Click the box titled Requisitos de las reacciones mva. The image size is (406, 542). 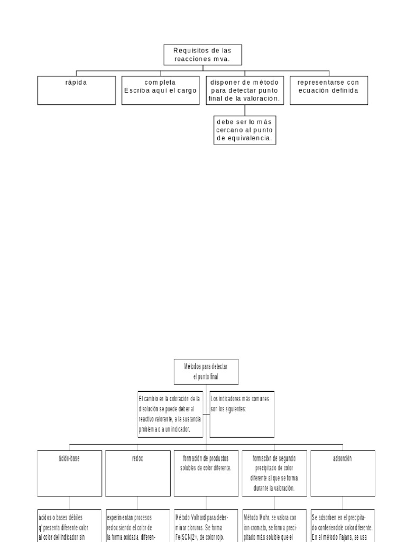click(x=202, y=55)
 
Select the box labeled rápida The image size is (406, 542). click(x=76, y=89)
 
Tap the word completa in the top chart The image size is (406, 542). click(x=160, y=83)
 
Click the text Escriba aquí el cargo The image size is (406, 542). click(x=160, y=91)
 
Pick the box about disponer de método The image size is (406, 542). click(x=244, y=90)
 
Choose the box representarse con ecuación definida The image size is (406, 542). click(x=328, y=89)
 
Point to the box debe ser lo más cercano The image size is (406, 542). click(x=244, y=129)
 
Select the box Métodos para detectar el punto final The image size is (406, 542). click(x=206, y=371)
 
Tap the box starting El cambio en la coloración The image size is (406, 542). click(x=169, y=414)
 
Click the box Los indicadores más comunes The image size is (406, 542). click(x=242, y=414)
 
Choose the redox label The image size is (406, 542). click(x=137, y=459)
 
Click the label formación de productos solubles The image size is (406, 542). click(x=206, y=463)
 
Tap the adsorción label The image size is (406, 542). click(x=343, y=459)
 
